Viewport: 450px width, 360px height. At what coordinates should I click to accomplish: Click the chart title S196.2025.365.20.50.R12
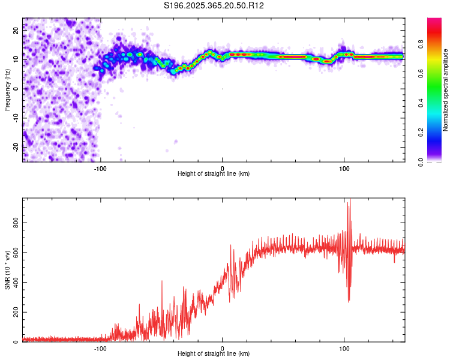coord(214,5)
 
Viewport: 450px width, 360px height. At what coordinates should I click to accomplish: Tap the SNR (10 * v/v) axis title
coord(7,269)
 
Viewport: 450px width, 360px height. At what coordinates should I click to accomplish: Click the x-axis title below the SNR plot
coord(214,354)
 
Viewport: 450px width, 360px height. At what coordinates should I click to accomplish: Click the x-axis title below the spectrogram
coord(214,174)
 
